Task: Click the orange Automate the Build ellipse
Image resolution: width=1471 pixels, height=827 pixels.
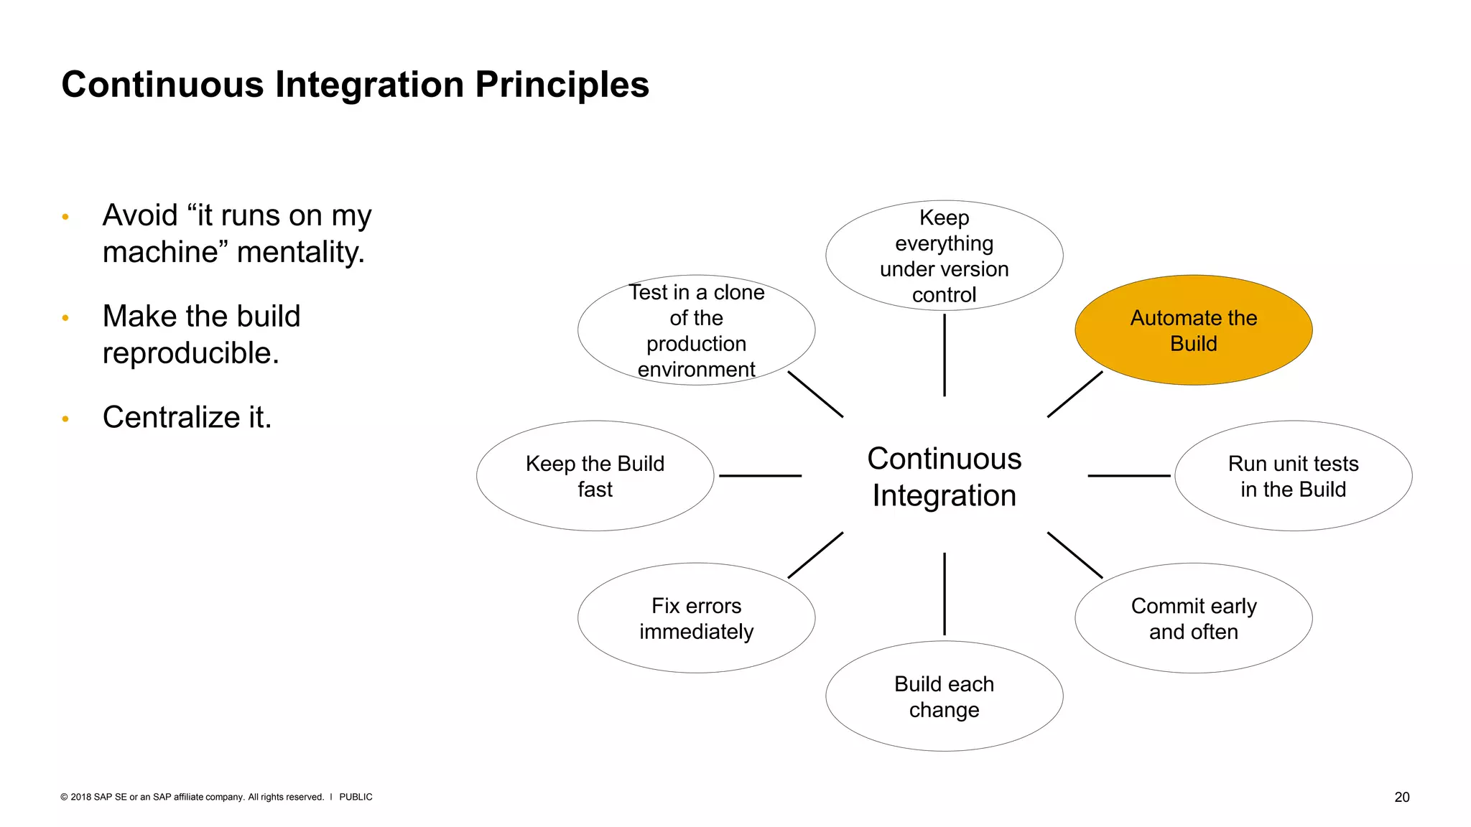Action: [1193, 330]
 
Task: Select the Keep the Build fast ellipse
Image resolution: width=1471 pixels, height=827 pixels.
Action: [595, 476]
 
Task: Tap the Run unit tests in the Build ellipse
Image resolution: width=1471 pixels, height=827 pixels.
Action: [1293, 476]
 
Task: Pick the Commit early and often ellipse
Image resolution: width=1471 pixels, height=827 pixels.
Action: [1193, 618]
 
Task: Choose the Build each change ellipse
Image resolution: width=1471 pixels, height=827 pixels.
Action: [944, 696]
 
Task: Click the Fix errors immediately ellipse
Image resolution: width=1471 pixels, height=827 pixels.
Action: [696, 618]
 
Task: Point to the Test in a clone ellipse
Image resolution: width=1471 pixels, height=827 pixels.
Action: [696, 330]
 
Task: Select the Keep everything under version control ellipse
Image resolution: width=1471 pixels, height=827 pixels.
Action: [944, 256]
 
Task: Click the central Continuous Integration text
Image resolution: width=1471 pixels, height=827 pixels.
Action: [944, 477]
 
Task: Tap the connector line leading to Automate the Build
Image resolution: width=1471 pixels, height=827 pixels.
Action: [1075, 394]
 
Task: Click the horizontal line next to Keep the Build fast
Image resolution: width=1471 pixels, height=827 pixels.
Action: [760, 475]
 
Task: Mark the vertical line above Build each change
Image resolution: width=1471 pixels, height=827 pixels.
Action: [944, 594]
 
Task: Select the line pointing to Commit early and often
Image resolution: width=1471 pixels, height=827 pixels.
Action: [1075, 555]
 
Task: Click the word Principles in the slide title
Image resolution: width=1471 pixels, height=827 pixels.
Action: [562, 85]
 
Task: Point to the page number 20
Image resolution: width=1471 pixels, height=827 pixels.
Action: [1401, 797]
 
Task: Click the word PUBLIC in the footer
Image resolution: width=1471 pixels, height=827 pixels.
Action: [356, 797]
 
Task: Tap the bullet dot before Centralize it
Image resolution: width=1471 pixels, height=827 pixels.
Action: [65, 419]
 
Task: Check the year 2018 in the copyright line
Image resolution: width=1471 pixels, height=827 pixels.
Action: [80, 797]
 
